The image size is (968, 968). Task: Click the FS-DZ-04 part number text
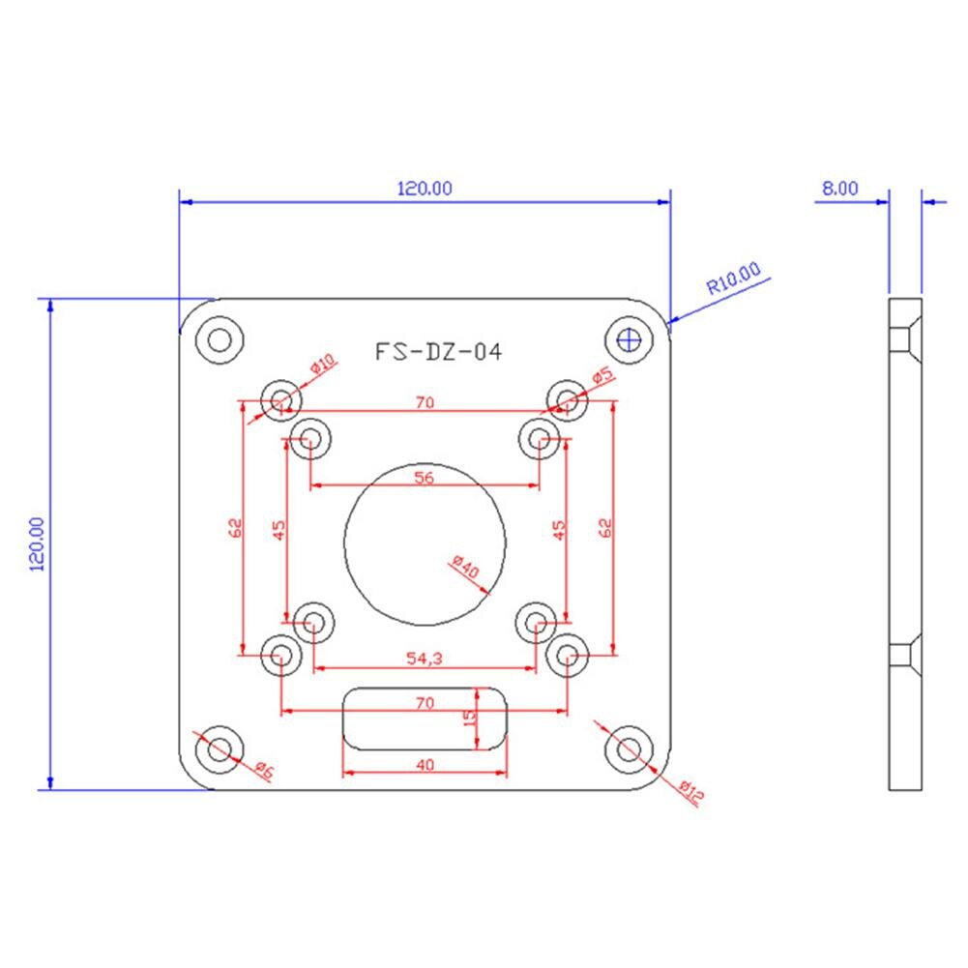438,352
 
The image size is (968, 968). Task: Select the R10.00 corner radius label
733,279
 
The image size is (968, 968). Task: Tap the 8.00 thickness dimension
839,189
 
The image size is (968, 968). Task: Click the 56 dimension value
424,476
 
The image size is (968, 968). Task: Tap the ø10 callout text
322,367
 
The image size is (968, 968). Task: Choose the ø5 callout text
603,377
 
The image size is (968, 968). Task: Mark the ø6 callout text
264,771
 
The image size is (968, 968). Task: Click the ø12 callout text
690,792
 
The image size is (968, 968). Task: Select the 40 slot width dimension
425,764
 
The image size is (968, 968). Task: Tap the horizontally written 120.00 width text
425,189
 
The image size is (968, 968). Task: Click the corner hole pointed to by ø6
220,748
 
